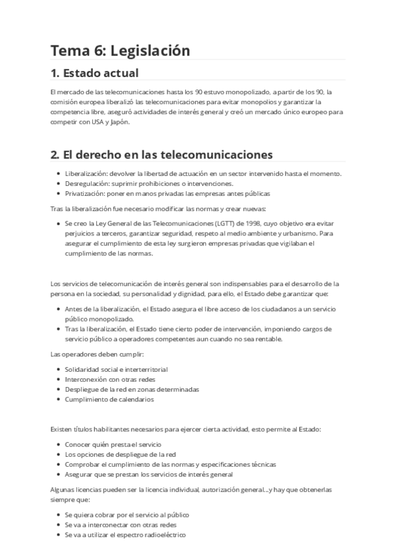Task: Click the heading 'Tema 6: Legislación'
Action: (120, 51)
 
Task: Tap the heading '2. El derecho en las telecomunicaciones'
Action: (162, 155)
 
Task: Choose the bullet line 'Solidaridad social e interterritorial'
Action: (116, 369)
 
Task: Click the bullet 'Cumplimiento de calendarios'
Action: (109, 399)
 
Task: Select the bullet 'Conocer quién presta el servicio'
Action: (113, 444)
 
